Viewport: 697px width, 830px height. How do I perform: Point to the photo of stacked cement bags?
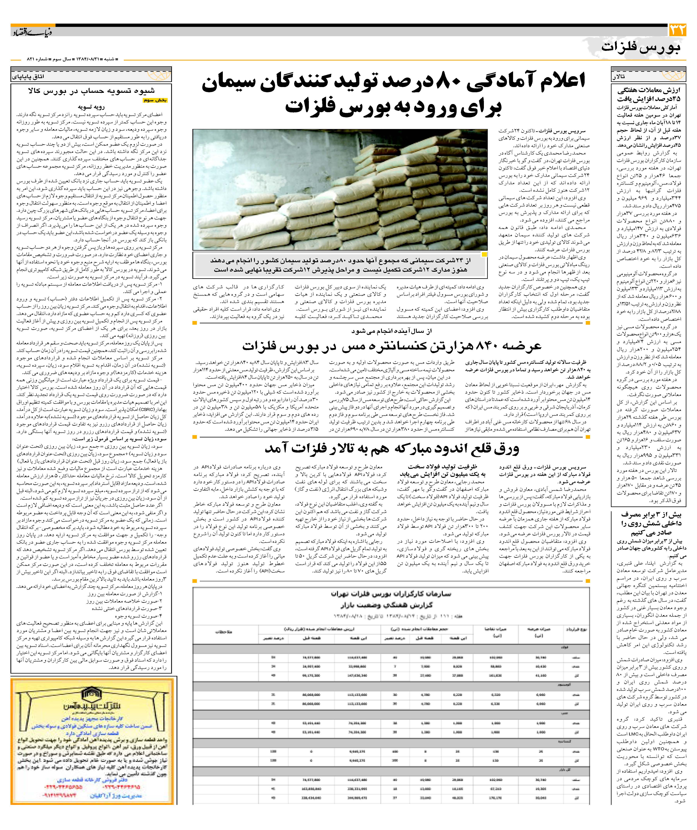(x=340, y=190)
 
